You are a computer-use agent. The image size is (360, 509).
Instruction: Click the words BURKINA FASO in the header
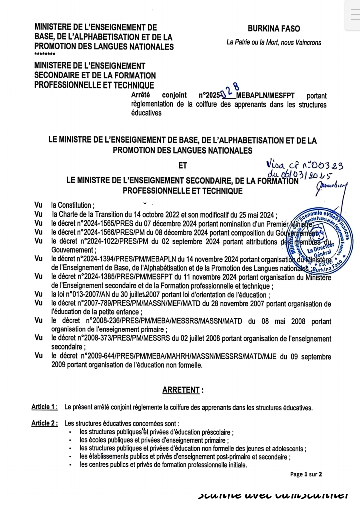coord(274,29)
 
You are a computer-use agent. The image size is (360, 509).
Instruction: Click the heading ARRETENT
coord(183,390)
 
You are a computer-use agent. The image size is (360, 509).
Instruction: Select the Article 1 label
coord(44,407)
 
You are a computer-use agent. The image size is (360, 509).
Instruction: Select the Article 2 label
coord(44,423)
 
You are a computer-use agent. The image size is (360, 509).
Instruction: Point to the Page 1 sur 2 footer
coord(306,474)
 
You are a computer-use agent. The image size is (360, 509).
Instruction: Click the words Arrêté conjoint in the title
coord(159,95)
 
